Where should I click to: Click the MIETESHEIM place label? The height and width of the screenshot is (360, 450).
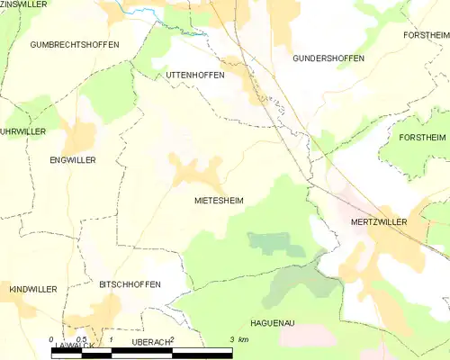(219, 201)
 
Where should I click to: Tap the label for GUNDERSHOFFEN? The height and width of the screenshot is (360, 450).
(328, 58)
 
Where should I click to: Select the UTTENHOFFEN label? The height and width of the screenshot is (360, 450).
(195, 75)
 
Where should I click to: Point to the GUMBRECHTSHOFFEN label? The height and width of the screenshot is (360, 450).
(74, 44)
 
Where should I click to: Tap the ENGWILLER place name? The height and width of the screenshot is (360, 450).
(73, 159)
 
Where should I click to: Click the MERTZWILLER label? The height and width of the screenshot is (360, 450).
(378, 220)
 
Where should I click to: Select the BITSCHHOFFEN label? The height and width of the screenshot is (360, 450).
(130, 284)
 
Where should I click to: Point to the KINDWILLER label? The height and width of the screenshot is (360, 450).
(33, 289)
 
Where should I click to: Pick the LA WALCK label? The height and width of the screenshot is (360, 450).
(74, 346)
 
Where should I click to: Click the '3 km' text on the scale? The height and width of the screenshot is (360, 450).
(238, 339)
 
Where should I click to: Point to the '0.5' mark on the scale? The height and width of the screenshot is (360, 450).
(81, 339)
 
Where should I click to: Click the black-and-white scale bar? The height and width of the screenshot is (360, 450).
(141, 353)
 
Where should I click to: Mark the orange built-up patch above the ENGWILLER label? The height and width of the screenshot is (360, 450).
(78, 137)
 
